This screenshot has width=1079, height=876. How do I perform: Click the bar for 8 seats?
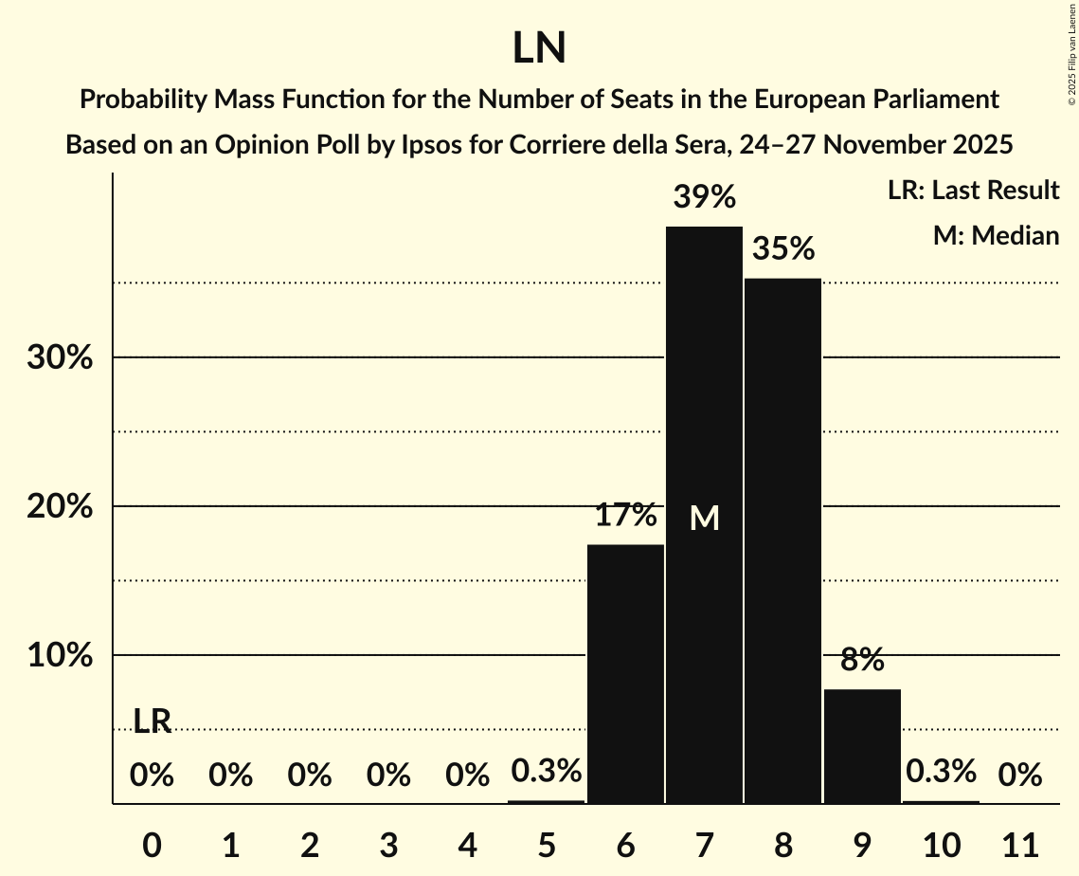(x=782, y=540)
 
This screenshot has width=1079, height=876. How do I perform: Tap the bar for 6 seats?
(x=625, y=673)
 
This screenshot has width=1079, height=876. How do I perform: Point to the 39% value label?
(x=704, y=197)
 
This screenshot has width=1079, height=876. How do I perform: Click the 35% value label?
(x=783, y=249)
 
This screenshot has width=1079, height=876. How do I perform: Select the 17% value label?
(x=625, y=516)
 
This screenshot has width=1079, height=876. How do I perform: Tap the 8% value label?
(x=862, y=659)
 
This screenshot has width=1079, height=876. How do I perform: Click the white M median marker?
(x=704, y=518)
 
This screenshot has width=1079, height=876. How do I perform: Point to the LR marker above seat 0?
(x=152, y=721)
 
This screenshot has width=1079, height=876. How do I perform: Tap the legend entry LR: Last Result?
(x=973, y=191)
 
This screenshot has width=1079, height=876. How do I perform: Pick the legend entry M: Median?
(x=996, y=235)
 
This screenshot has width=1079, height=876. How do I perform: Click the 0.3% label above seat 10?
(x=941, y=772)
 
